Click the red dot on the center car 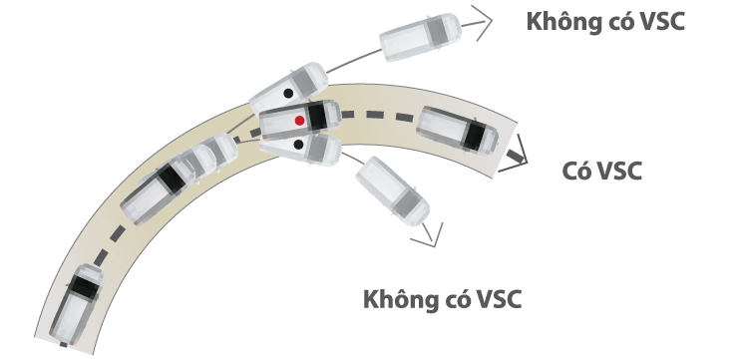click(299, 120)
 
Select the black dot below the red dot click(299, 146)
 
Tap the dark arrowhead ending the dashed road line click(516, 158)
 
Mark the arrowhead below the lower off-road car click(431, 236)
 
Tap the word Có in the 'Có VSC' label click(575, 172)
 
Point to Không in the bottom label click(400, 299)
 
